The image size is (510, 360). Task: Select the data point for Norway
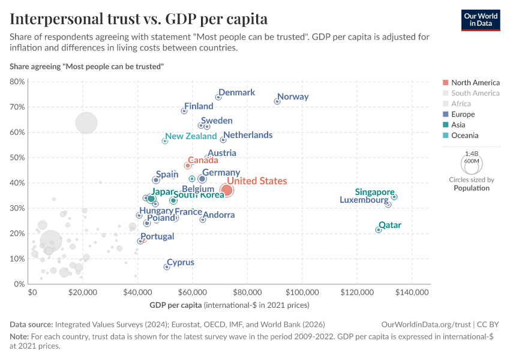[x=277, y=101]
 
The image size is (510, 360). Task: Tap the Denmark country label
[x=236, y=92]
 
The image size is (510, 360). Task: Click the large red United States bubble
[x=226, y=190]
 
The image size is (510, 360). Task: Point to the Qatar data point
[x=378, y=230]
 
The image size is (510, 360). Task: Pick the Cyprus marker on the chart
[x=167, y=267]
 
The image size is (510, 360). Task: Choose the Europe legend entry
[x=463, y=114]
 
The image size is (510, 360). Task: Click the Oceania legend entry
[x=464, y=136]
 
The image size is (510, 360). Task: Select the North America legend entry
[x=475, y=82]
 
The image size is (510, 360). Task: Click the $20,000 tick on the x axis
[x=83, y=292]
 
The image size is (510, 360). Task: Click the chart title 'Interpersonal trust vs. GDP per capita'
[x=139, y=19]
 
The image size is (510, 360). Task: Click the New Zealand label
[x=191, y=136]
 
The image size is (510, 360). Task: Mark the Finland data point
[x=184, y=111]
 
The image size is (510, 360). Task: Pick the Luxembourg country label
[x=364, y=200]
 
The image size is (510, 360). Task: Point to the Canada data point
[x=188, y=166]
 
